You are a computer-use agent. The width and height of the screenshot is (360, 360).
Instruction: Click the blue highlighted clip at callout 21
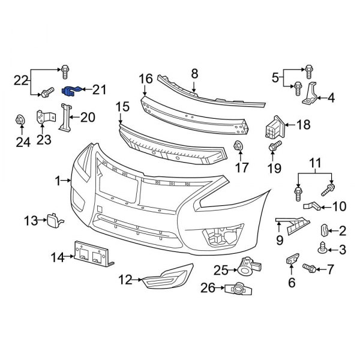click(72, 91)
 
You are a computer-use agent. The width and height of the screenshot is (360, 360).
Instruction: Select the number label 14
click(57, 257)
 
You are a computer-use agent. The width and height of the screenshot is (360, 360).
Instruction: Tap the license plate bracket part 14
click(93, 254)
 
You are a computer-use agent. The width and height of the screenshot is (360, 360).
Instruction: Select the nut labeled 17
click(238, 145)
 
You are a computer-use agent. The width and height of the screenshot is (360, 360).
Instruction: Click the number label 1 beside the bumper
click(58, 179)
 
